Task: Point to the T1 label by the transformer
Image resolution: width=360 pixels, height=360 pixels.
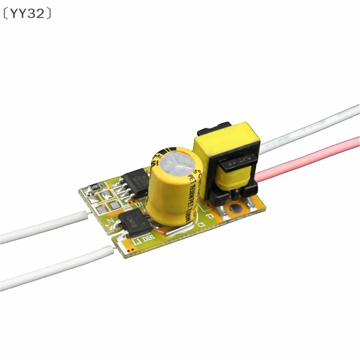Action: pos(211,207)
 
